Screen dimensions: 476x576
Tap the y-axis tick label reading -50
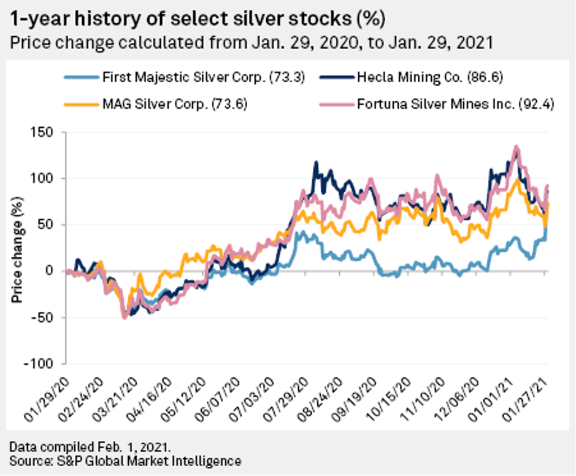coord(43,318)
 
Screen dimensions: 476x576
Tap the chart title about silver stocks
coord(198,20)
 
